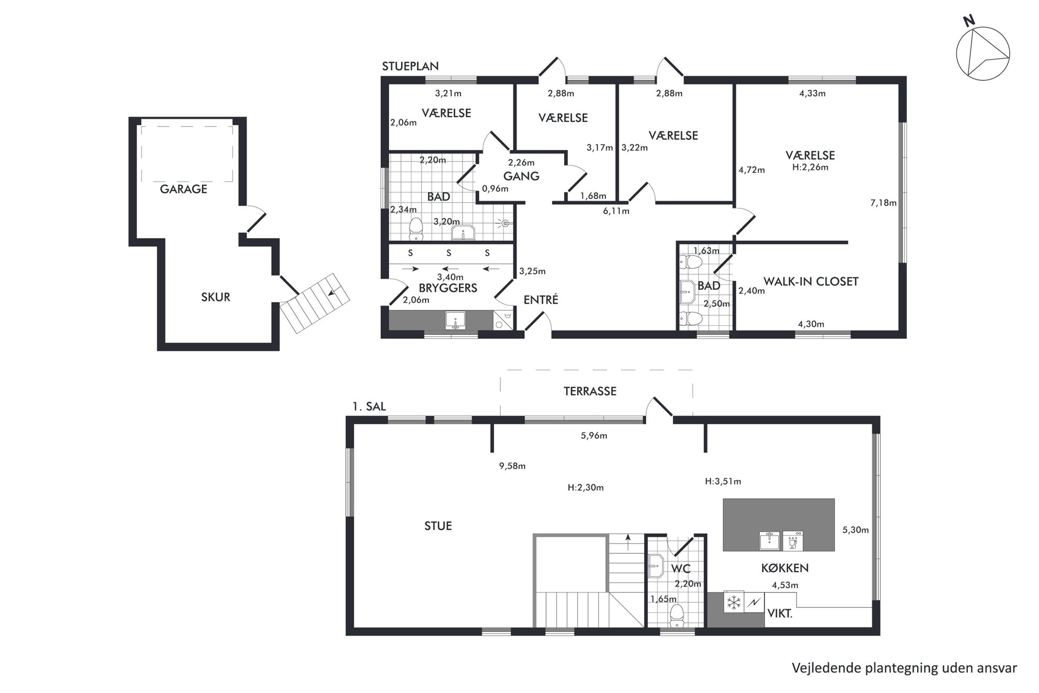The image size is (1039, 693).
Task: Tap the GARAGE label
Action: (x=183, y=189)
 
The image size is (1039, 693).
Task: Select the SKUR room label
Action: (x=216, y=297)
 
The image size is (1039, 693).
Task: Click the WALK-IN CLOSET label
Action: (x=811, y=281)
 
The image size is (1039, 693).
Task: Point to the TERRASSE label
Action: (x=590, y=391)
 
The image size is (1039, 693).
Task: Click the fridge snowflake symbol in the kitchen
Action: (x=734, y=602)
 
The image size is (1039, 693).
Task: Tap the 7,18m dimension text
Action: (x=883, y=203)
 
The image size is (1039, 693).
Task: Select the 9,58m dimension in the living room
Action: (x=512, y=466)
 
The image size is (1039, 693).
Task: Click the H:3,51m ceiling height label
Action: (x=723, y=481)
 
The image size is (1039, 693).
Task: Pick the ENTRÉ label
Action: (x=541, y=300)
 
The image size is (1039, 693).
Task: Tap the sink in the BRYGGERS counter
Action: (x=455, y=320)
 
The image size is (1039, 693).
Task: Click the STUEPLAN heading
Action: (x=410, y=66)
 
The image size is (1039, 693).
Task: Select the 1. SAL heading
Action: (x=369, y=406)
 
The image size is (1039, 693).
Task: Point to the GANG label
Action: (x=521, y=176)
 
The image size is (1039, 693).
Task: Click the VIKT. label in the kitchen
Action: (x=780, y=613)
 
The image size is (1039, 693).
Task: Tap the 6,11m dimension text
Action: (x=616, y=211)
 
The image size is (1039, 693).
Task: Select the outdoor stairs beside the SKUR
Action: (x=314, y=303)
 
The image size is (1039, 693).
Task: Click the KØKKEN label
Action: (x=784, y=568)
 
